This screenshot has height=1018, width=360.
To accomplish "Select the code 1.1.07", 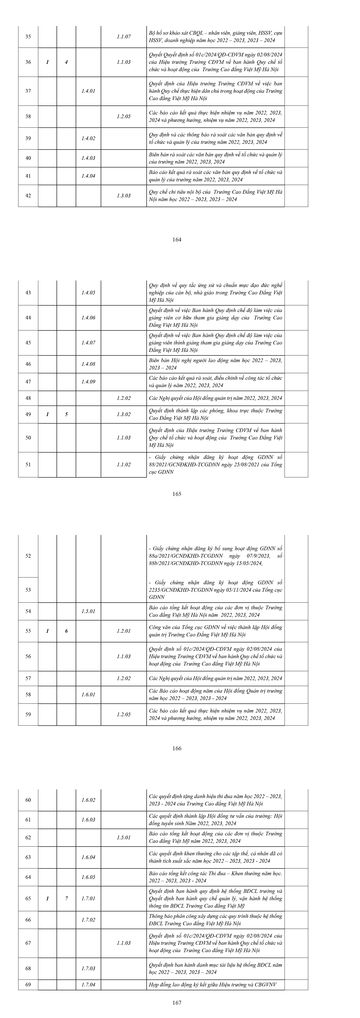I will click(x=124, y=37).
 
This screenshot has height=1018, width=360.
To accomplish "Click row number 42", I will click(x=28, y=196).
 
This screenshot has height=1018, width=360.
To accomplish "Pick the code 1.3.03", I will click(x=124, y=196).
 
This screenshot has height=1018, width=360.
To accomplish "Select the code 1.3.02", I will click(x=124, y=414).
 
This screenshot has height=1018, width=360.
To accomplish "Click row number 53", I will click(x=28, y=590).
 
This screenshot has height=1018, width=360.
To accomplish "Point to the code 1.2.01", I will click(x=124, y=631).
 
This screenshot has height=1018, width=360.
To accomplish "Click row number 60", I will click(x=28, y=800).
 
